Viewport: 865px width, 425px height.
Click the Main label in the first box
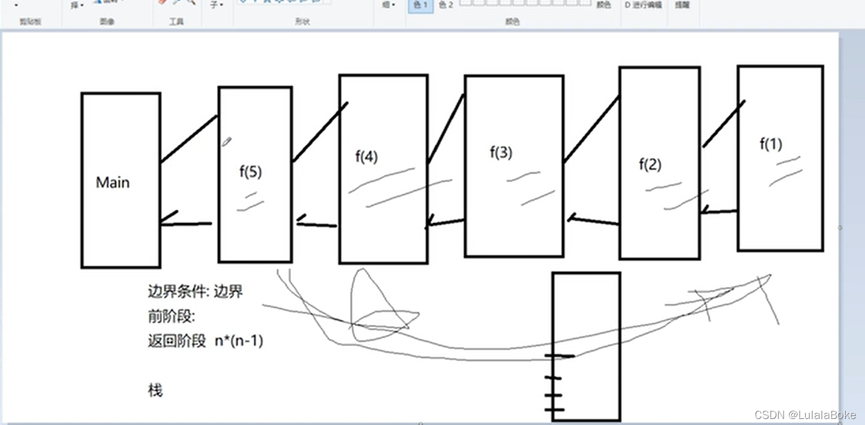point(113,183)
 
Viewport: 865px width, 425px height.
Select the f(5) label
point(251,172)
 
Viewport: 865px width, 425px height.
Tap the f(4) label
point(366,157)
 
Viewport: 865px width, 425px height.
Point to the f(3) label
point(501,153)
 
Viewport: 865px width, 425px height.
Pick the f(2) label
point(650,164)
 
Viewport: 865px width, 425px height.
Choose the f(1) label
point(771,144)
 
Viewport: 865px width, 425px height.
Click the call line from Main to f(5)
point(188,139)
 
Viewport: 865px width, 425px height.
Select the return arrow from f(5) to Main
point(185,224)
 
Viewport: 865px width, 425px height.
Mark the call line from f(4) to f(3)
point(445,129)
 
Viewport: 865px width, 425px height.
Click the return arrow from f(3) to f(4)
point(445,223)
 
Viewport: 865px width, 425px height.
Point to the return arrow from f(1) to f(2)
point(720,212)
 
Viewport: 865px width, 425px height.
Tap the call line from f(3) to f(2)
point(592,129)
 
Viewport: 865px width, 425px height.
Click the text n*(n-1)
point(239,341)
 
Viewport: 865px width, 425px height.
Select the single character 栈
point(155,391)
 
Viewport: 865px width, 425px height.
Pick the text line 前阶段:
point(171,316)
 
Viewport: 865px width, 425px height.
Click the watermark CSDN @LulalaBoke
point(805,415)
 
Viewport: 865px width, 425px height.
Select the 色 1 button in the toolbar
point(420,5)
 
